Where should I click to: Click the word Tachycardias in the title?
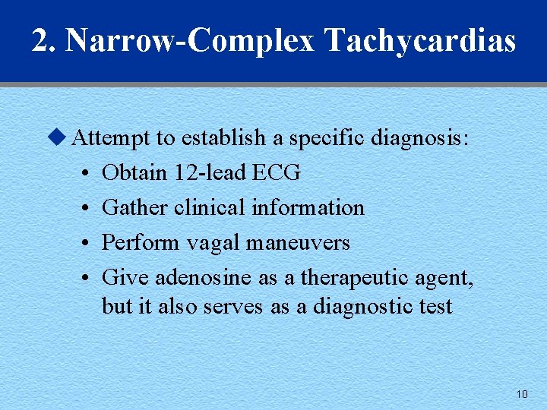coord(420,41)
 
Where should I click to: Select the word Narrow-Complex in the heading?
coord(190,41)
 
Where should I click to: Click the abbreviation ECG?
coord(276,173)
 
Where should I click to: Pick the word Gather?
coord(134,207)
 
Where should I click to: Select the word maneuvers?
coord(302,243)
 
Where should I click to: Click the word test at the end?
coord(436,307)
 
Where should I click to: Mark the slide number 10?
coord(521,394)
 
